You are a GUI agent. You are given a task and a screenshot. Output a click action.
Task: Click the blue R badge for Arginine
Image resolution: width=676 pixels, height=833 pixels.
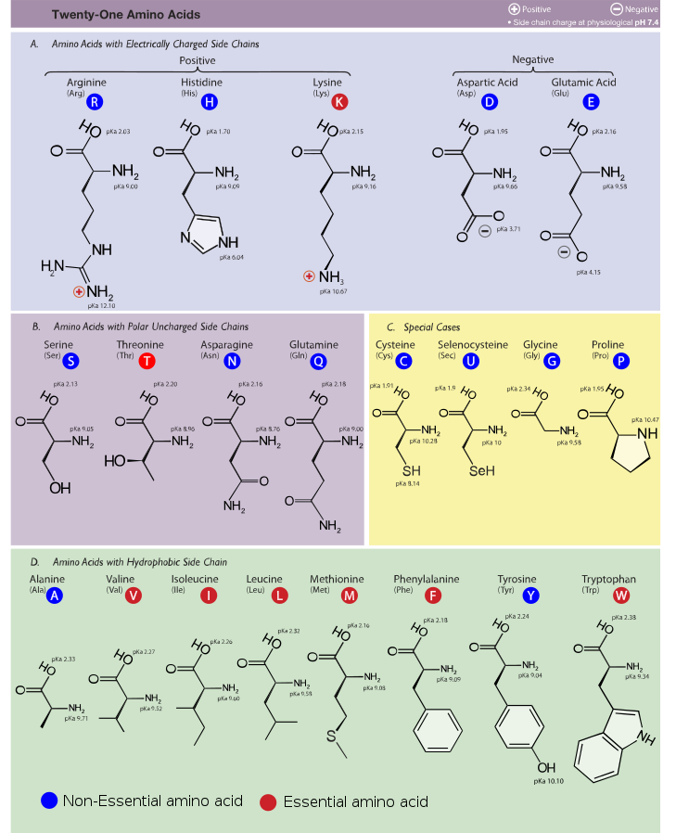tap(95, 101)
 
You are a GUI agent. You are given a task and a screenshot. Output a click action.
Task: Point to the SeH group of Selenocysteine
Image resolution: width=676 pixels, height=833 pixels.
tap(482, 471)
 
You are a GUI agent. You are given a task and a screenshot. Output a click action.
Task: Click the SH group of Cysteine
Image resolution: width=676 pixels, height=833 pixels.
tap(411, 471)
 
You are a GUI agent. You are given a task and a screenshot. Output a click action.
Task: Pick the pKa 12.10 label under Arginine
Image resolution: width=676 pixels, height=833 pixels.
tap(101, 305)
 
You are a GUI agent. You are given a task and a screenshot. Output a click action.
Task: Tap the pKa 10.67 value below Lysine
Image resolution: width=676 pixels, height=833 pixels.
tap(331, 291)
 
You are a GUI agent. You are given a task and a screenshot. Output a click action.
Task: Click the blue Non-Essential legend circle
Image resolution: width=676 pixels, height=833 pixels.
tap(50, 801)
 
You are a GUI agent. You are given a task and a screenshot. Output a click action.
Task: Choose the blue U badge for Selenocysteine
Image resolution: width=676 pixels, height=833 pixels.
tap(471, 361)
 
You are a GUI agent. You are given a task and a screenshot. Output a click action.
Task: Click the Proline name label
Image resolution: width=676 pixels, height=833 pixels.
tap(607, 345)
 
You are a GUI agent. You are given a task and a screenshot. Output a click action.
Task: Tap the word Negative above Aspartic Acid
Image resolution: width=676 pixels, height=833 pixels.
tap(532, 60)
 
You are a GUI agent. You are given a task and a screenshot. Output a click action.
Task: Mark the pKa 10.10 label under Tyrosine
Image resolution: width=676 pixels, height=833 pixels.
tap(549, 782)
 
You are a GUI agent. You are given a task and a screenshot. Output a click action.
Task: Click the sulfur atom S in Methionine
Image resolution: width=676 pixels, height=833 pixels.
tap(329, 738)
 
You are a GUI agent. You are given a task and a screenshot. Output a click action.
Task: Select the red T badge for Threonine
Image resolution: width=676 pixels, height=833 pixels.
tap(148, 361)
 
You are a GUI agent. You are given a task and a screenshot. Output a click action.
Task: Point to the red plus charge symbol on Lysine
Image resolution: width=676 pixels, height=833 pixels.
tap(309, 276)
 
